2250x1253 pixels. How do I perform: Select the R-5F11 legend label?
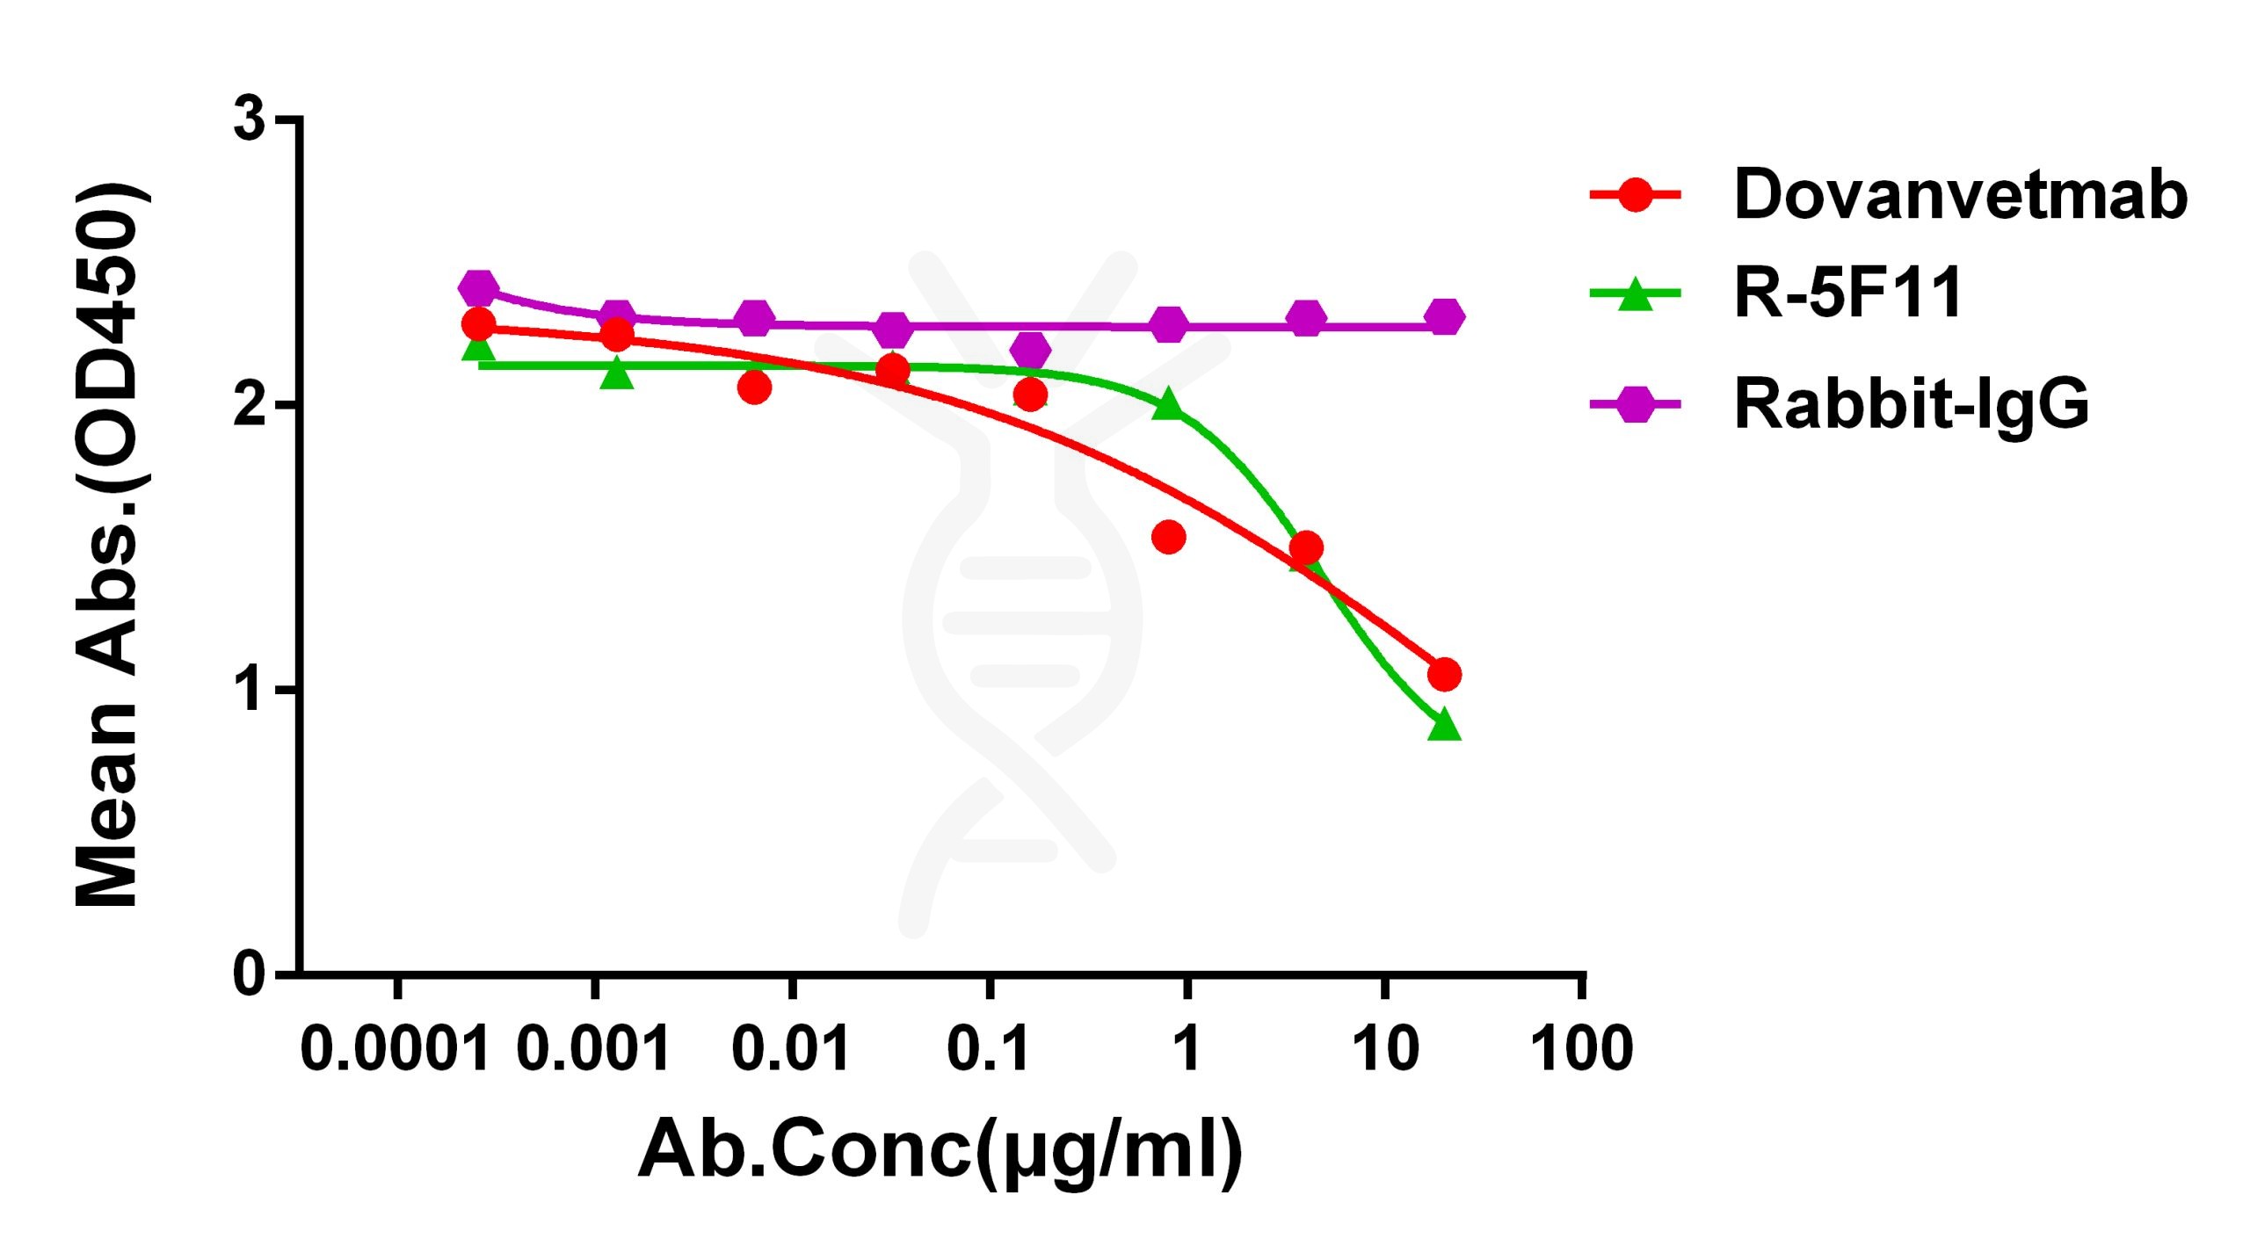coord(1847,293)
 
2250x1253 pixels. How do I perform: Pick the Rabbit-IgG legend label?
coord(1911,404)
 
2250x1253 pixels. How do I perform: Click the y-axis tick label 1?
coord(251,690)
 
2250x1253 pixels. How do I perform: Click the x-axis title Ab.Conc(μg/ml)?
coord(940,1149)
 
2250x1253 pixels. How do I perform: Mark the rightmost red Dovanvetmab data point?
coord(1444,675)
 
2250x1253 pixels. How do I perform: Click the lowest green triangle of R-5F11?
coord(1444,726)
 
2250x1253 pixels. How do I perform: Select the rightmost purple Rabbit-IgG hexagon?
coord(1444,316)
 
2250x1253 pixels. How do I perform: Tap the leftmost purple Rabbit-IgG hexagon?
coord(478,287)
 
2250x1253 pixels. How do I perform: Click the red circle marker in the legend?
coord(1635,194)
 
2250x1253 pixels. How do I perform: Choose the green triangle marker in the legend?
coord(1635,294)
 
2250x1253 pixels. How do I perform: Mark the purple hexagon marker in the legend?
coord(1635,404)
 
